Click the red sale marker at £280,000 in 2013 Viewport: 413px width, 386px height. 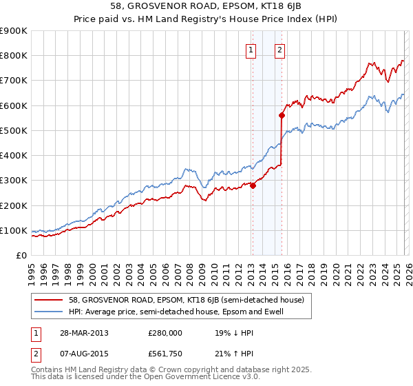tap(253, 185)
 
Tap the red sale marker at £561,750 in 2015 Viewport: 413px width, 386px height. tap(282, 115)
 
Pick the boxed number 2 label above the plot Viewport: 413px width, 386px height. tap(280, 50)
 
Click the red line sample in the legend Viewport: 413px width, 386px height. tap(49, 300)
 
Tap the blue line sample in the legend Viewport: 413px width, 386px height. tap(49, 312)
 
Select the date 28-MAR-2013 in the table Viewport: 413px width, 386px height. tap(79, 333)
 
